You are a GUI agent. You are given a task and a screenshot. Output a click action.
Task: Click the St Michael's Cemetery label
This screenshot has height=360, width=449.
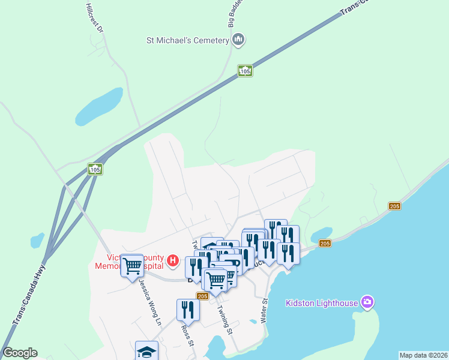click(188, 41)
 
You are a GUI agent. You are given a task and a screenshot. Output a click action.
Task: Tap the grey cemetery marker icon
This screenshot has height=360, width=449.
click(238, 40)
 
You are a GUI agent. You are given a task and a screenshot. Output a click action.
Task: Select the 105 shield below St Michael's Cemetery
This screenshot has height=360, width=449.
click(244, 71)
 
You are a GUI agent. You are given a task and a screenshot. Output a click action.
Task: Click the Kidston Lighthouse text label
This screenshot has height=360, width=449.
click(321, 302)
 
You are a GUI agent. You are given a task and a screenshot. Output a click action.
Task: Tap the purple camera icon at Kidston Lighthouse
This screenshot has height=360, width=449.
click(367, 302)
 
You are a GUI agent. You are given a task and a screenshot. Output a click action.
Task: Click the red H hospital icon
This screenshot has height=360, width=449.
click(173, 260)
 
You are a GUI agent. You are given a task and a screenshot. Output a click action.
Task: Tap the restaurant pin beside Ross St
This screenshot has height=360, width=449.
click(188, 310)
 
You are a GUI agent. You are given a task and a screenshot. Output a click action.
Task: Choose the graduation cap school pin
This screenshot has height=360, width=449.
click(146, 351)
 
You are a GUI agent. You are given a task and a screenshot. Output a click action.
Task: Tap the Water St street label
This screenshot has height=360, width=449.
click(264, 313)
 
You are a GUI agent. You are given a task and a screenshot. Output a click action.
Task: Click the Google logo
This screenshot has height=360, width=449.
click(20, 353)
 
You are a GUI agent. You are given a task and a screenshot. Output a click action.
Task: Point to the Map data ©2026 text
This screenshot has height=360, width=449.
click(423, 355)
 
